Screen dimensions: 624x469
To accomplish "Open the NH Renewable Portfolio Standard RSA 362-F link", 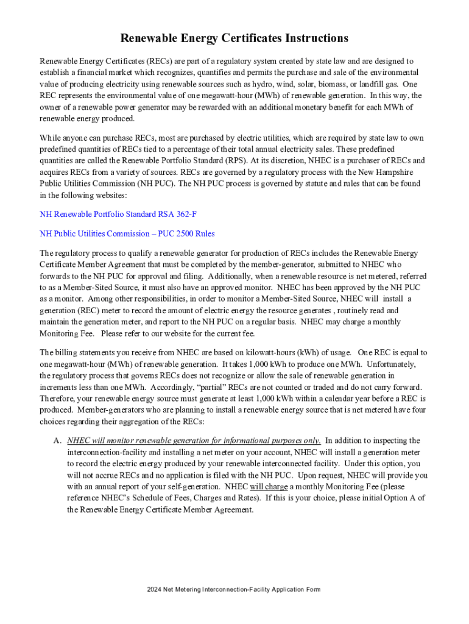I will [x=118, y=214].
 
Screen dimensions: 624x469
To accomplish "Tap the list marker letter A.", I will [x=57, y=441].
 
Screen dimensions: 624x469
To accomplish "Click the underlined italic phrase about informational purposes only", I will [x=194, y=441].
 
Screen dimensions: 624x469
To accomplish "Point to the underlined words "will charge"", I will [x=269, y=487].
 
